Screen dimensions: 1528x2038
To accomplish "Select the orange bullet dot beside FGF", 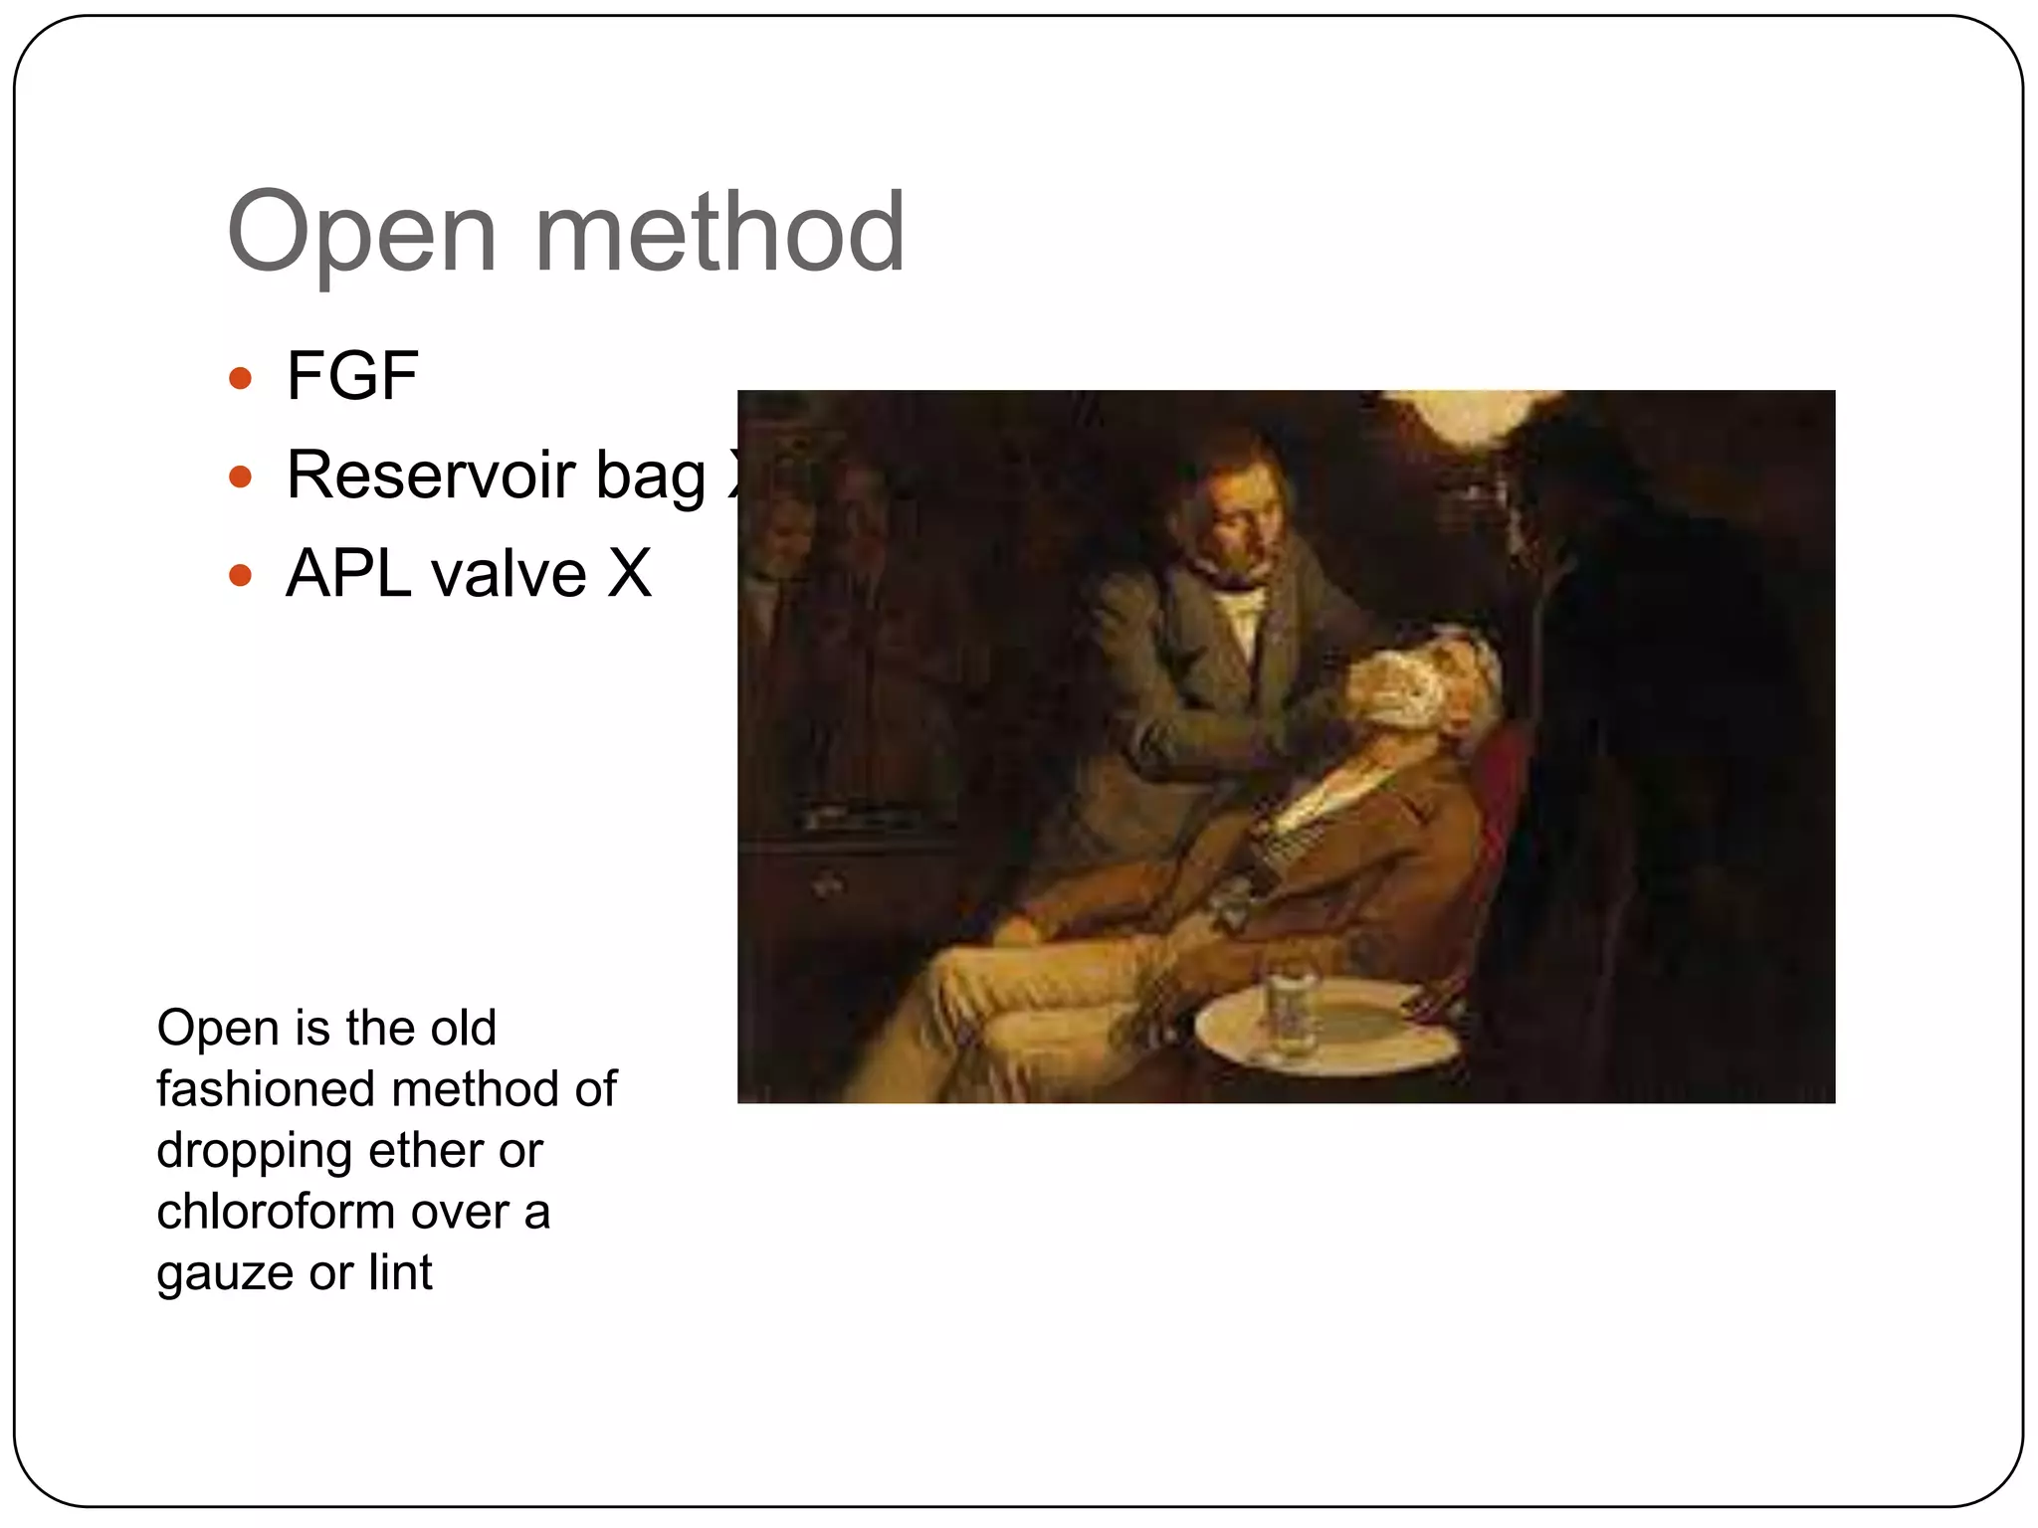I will (x=240, y=378).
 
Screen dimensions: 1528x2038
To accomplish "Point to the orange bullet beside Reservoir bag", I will (x=240, y=477).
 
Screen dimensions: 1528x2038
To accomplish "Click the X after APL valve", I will (x=629, y=573).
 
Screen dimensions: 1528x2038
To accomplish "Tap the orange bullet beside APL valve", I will (x=240, y=575).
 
